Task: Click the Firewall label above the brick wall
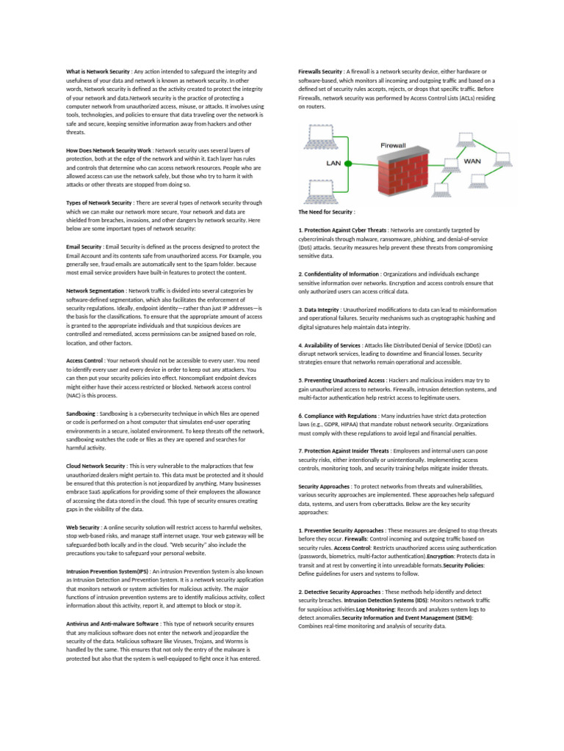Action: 394,145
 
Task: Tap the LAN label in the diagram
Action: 334,164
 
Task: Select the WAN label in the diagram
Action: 473,158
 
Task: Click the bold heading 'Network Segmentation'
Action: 95,291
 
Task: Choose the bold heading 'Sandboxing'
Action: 81,414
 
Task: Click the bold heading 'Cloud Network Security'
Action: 95,466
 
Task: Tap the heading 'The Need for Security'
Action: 325,212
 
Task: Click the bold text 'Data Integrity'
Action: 322,310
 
